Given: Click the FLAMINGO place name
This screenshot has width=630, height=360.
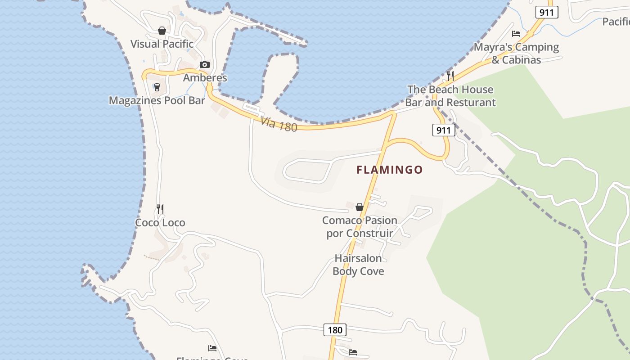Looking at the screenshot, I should (x=390, y=170).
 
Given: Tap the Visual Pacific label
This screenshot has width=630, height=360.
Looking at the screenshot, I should (x=162, y=44).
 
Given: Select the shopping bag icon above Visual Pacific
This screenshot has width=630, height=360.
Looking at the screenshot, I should (x=162, y=31).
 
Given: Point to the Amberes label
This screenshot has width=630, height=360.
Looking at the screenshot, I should (x=205, y=77).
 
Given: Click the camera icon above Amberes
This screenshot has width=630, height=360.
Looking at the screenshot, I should (x=205, y=65).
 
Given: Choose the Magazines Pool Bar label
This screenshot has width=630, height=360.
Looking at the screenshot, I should (x=157, y=100).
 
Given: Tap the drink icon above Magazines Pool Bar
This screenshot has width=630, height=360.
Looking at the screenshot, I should (x=157, y=87).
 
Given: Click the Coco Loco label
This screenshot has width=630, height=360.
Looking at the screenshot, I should (x=160, y=223).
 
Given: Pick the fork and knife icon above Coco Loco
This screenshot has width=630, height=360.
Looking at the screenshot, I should (x=160, y=209).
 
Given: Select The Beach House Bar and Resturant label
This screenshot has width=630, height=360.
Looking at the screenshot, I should (x=450, y=96).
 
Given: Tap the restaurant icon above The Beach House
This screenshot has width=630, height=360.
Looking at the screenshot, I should (x=450, y=76).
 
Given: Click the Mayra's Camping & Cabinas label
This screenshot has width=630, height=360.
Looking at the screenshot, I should (x=516, y=53).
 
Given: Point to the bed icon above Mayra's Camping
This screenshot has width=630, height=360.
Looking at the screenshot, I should (x=516, y=34).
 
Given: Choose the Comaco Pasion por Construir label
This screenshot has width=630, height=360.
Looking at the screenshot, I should (x=360, y=227).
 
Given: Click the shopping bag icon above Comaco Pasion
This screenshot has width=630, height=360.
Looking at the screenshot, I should (x=360, y=207).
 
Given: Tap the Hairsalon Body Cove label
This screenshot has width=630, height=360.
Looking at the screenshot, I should (x=358, y=265).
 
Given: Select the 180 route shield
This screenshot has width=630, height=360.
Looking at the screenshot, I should (x=335, y=330).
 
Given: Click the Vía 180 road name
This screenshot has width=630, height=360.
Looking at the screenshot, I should (x=279, y=124).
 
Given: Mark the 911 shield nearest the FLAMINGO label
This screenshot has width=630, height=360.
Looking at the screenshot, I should (x=444, y=130).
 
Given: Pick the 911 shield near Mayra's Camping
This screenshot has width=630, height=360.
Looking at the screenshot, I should (x=546, y=12).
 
